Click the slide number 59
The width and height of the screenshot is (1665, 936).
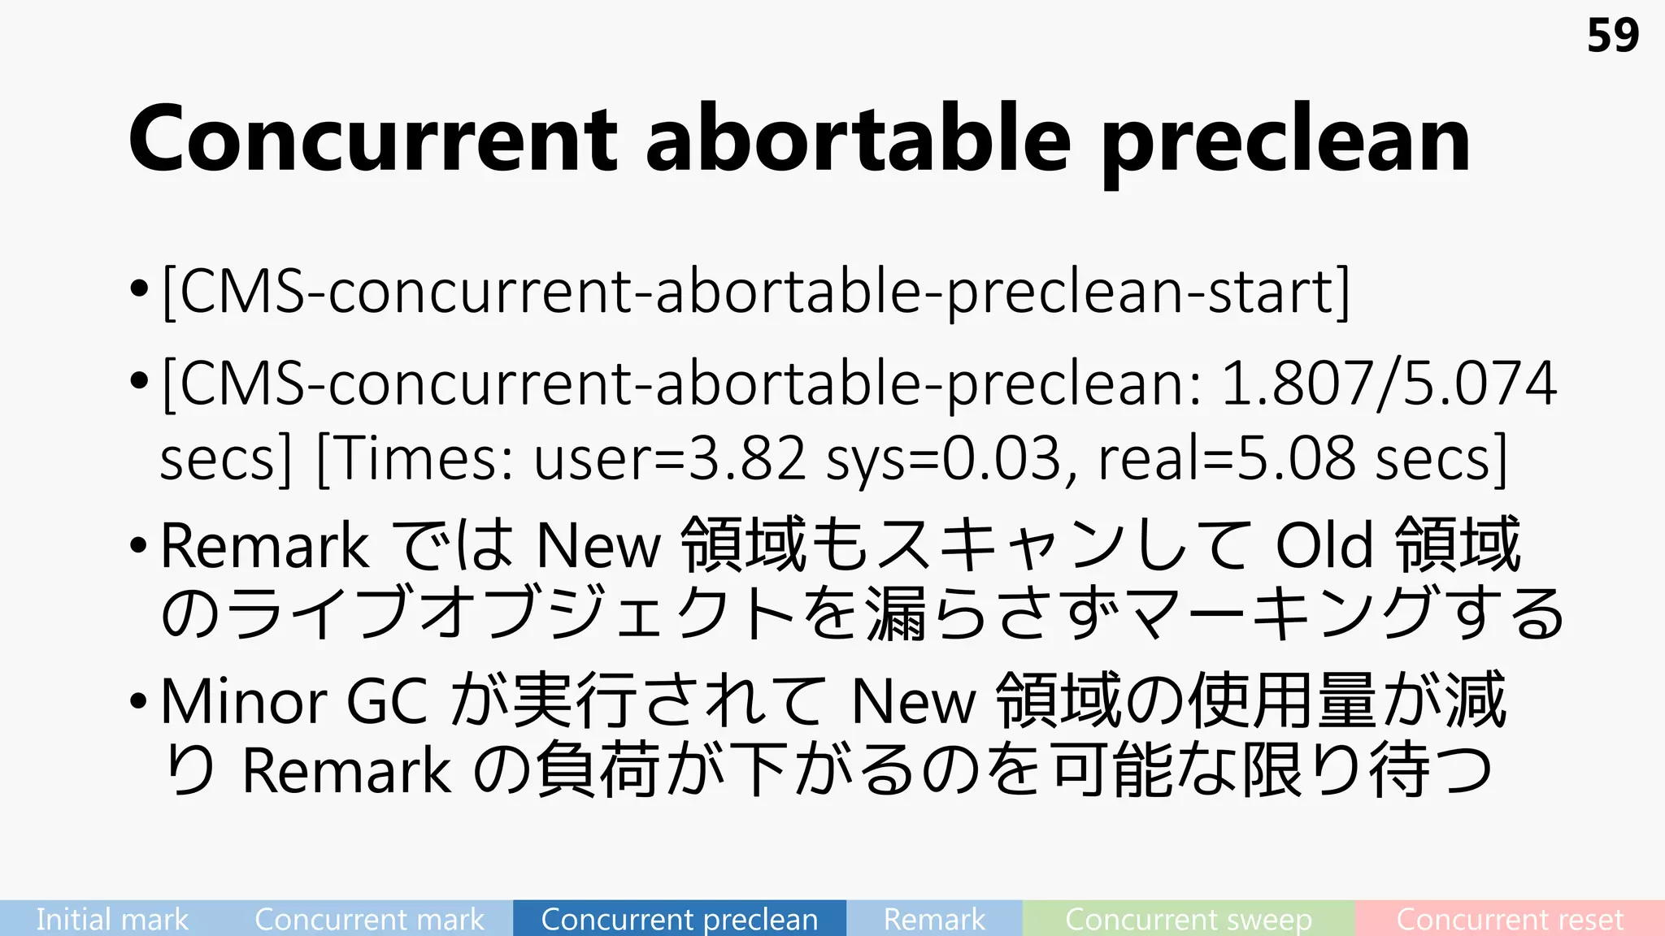point(1612,37)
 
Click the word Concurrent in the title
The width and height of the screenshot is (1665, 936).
point(372,140)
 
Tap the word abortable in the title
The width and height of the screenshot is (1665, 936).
point(858,140)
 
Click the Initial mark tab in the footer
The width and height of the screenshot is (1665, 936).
point(112,919)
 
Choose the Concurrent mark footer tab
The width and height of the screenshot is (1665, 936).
point(369,919)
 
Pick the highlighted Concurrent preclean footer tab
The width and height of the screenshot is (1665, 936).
point(680,919)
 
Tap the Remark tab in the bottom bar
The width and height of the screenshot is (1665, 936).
point(934,919)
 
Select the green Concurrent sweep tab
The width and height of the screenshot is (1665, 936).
point(1189,919)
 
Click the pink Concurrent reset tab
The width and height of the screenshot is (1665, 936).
point(1510,919)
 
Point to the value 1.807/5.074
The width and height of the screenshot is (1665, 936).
point(1389,383)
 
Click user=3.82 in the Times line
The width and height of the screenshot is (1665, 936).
point(669,459)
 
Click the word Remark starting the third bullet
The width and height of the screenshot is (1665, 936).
point(264,546)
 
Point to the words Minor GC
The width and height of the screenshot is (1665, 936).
point(293,701)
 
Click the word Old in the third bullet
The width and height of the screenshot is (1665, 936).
point(1324,546)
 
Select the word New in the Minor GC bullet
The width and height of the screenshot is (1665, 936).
point(913,701)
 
